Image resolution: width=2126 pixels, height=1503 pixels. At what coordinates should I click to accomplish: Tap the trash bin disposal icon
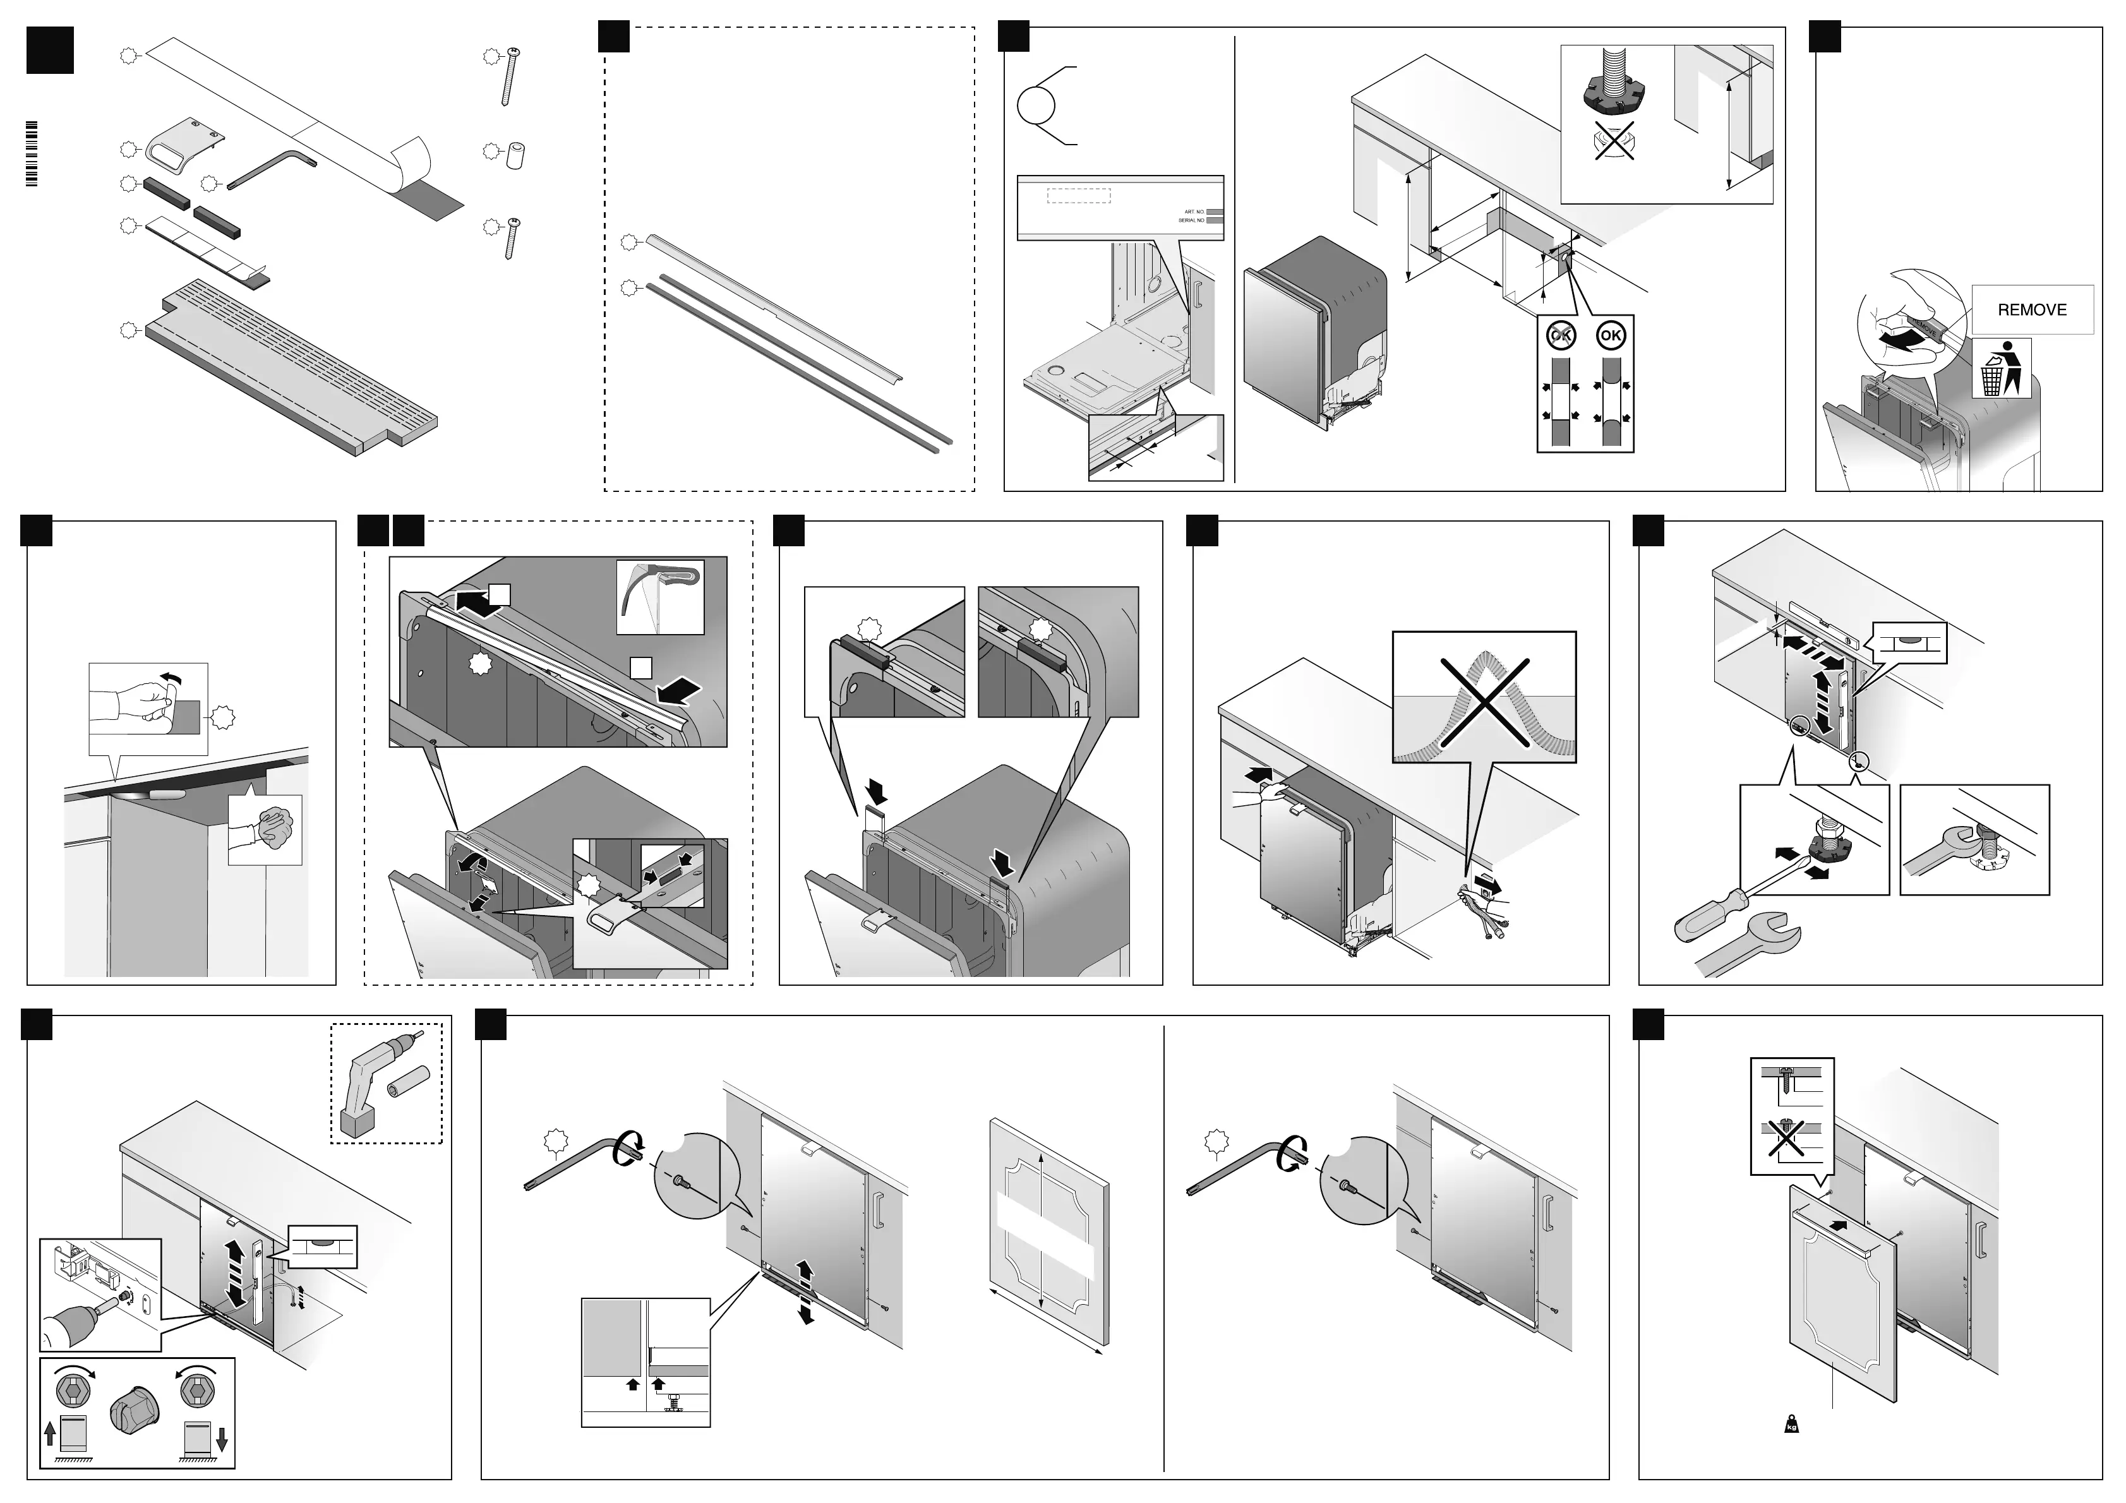(2001, 369)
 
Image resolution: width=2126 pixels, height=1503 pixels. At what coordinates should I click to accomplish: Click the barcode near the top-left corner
(32, 153)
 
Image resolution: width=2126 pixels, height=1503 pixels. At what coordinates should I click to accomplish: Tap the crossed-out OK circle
(1562, 335)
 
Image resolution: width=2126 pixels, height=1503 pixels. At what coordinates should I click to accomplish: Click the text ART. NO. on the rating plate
(1194, 212)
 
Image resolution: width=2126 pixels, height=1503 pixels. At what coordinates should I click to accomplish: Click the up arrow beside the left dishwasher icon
(49, 1434)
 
